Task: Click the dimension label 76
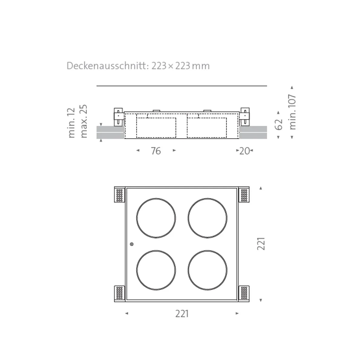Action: pyautogui.click(x=156, y=151)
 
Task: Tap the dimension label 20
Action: pyautogui.click(x=244, y=151)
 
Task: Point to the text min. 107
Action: pyautogui.click(x=292, y=112)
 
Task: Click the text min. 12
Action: pyautogui.click(x=71, y=123)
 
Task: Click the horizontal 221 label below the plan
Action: pyautogui.click(x=182, y=314)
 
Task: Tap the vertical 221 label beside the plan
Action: pyautogui.click(x=261, y=244)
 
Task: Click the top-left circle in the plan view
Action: pyautogui.click(x=156, y=218)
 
